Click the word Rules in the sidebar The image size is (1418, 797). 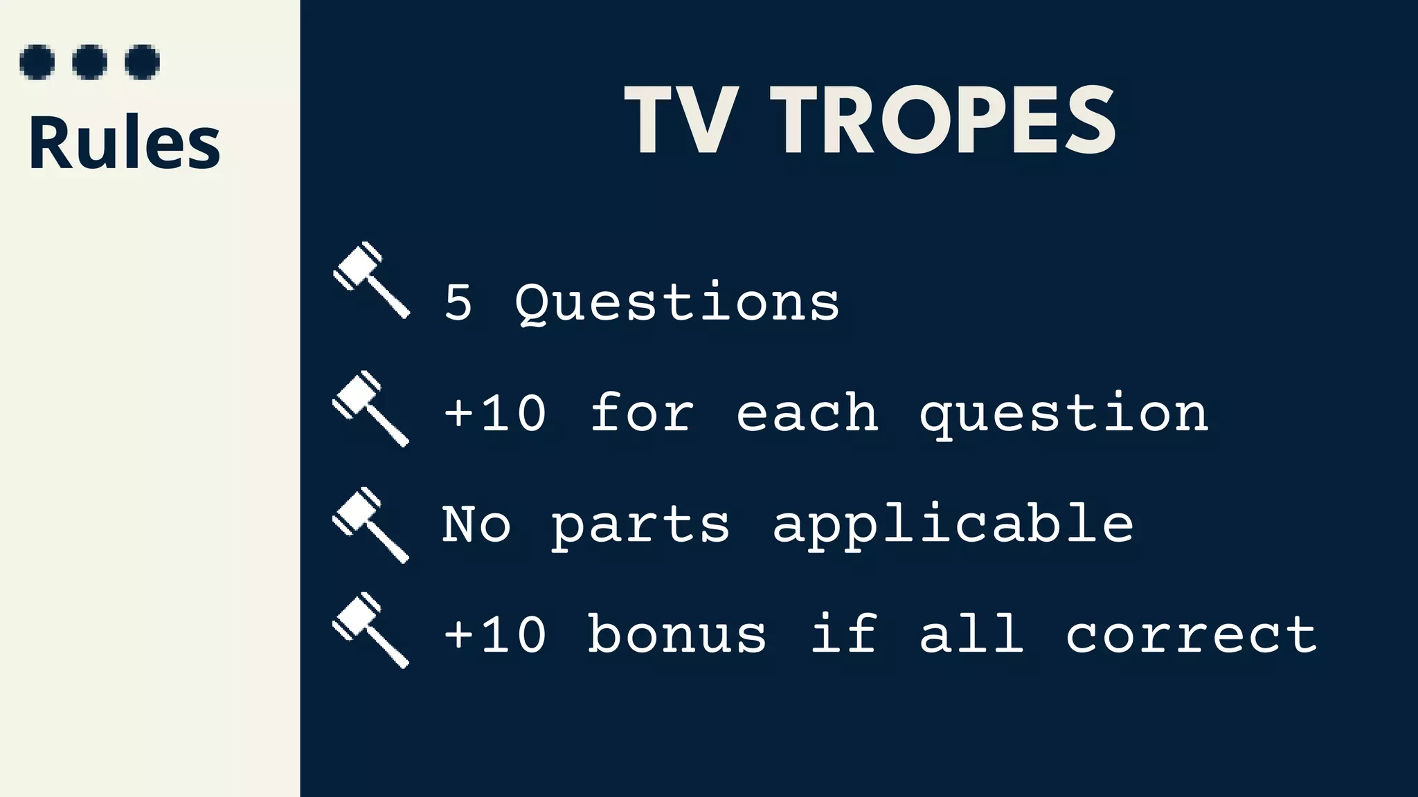(x=125, y=143)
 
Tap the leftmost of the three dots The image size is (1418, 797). (x=37, y=62)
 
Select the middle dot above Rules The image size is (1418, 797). (x=90, y=62)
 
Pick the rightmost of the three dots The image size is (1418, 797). (x=143, y=62)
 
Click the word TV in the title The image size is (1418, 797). (x=679, y=121)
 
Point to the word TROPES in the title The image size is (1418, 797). (x=943, y=121)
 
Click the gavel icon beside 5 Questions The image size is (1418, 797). (x=371, y=280)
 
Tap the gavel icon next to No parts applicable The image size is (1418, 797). (x=371, y=525)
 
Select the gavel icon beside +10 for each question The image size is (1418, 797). (x=371, y=409)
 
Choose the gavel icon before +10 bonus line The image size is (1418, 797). (x=371, y=630)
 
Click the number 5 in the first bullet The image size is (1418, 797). (x=458, y=302)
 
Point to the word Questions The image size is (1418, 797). (x=677, y=304)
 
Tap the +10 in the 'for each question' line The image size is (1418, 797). (x=495, y=413)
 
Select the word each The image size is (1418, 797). (x=807, y=413)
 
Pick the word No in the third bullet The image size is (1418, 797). (x=476, y=524)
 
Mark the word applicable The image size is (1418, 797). (x=953, y=525)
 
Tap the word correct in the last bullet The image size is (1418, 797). (x=1191, y=634)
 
